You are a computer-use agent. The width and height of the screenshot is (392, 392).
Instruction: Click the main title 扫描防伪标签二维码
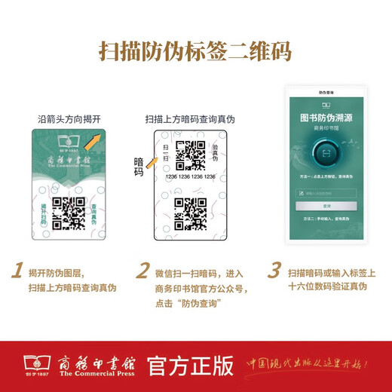click(196, 51)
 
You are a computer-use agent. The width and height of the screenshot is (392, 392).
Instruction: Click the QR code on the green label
click(66, 213)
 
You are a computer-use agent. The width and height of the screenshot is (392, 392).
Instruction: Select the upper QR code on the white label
click(191, 155)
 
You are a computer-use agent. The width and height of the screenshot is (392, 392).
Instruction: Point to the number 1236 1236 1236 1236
click(191, 177)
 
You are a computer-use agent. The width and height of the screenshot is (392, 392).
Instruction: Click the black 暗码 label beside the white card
click(139, 167)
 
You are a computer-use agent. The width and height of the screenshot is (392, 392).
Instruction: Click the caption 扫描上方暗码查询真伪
click(190, 119)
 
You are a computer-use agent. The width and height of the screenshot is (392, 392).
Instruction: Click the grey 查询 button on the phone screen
click(326, 206)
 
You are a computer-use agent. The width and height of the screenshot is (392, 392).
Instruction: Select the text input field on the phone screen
click(326, 193)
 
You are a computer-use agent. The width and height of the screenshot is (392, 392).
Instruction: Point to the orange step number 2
click(142, 271)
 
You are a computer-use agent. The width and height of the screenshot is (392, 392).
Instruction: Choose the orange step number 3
click(275, 271)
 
